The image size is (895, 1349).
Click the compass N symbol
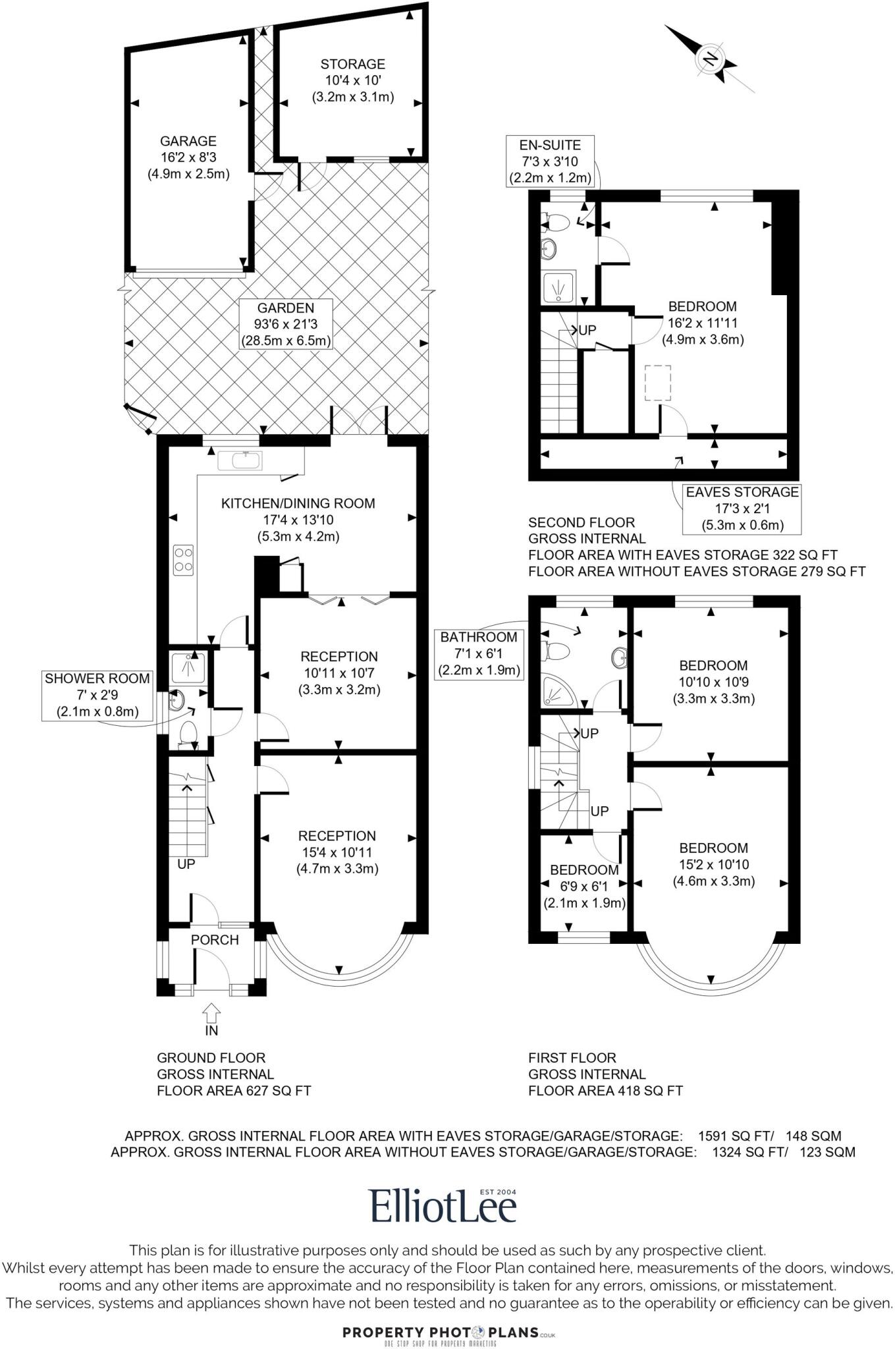point(710,59)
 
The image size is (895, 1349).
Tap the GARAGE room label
point(188,157)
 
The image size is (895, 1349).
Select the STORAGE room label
point(353,80)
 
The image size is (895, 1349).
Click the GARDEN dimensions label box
point(285,324)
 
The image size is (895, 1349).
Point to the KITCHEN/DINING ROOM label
point(298,519)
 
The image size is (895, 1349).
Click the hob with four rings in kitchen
point(184,559)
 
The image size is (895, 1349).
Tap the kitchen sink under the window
point(239,460)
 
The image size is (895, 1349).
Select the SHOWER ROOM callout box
point(97,695)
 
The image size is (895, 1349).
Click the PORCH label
point(215,940)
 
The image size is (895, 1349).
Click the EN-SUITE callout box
point(550,161)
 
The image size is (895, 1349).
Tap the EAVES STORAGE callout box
point(742,509)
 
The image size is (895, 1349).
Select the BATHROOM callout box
point(479,653)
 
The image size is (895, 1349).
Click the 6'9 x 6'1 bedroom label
point(583,886)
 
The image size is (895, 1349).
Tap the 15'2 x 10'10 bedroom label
point(713,864)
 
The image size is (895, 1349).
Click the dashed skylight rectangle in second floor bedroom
point(657,383)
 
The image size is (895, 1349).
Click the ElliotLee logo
point(443,1206)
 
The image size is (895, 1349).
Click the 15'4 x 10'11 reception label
point(337,852)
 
